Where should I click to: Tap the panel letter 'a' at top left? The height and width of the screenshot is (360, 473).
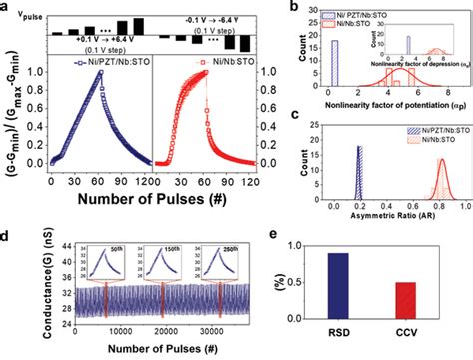pos(7,7)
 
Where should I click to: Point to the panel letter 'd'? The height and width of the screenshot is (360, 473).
pos(7,237)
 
